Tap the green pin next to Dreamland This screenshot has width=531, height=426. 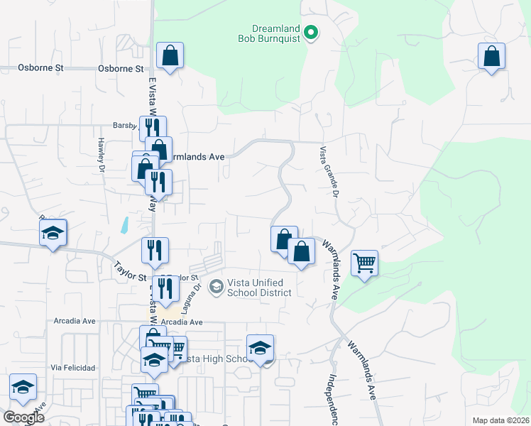[311, 32]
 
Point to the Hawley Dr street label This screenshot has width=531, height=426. [102, 155]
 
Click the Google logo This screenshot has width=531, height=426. [23, 417]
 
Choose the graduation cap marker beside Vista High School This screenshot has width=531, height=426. [261, 348]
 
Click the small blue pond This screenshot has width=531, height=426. [124, 226]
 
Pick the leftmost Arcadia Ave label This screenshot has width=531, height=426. [75, 321]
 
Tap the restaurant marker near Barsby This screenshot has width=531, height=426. [152, 129]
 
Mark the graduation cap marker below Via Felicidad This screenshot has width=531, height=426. [23, 387]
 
